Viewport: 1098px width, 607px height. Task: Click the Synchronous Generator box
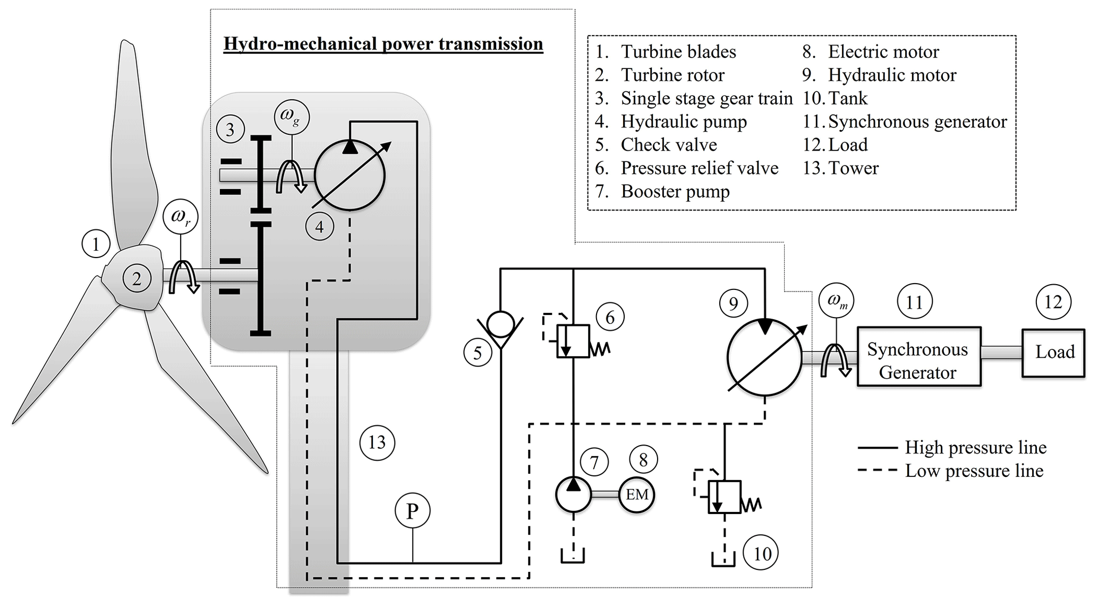[x=918, y=356]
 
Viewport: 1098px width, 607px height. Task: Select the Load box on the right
[x=1053, y=353]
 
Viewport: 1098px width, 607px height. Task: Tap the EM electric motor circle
[x=636, y=495]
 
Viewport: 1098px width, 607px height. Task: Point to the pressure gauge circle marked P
[x=412, y=511]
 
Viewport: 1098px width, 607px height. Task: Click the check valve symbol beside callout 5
[x=500, y=325]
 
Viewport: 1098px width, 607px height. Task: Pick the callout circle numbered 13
[x=377, y=442]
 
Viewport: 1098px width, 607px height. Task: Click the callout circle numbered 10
[x=762, y=554]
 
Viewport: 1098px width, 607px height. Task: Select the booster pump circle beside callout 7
[x=573, y=494]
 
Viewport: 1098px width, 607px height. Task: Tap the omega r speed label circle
[x=181, y=217]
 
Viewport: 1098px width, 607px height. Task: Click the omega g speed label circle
[x=292, y=117]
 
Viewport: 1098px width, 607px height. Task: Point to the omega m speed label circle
[x=837, y=300]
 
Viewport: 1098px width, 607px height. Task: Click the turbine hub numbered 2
[x=137, y=278]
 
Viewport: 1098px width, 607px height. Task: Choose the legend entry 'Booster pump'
[x=675, y=192]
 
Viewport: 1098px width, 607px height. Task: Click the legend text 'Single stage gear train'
[x=706, y=98]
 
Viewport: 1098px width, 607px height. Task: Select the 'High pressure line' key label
[x=975, y=448]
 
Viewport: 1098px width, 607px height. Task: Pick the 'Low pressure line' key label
[x=974, y=471]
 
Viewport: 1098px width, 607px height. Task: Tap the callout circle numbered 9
[x=734, y=303]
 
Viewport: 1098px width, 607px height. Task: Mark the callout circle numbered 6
[x=610, y=317]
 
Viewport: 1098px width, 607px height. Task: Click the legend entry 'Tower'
[x=853, y=168]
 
